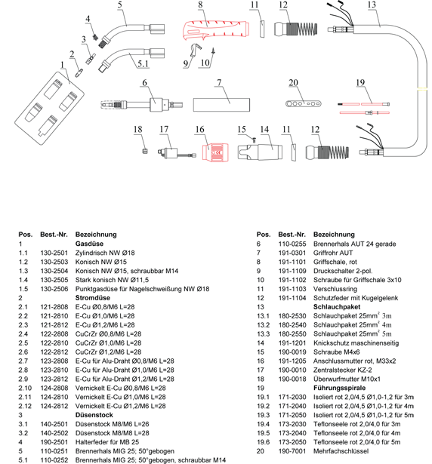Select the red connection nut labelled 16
[x=215, y=152]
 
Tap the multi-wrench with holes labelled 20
[x=303, y=103]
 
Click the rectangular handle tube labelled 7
[x=221, y=105]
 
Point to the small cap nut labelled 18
[x=144, y=151]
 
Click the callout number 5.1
[x=143, y=63]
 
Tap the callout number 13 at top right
[x=372, y=5]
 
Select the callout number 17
[x=164, y=129]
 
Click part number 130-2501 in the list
[x=54, y=253]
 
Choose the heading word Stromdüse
[x=92, y=298]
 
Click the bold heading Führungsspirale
[x=339, y=388]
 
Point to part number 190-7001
[x=292, y=451]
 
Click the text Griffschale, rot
[x=335, y=262]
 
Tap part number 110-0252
[x=54, y=460]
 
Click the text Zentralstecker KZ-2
[x=343, y=370]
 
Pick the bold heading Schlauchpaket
[x=337, y=307]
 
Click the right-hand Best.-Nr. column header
[x=292, y=235]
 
